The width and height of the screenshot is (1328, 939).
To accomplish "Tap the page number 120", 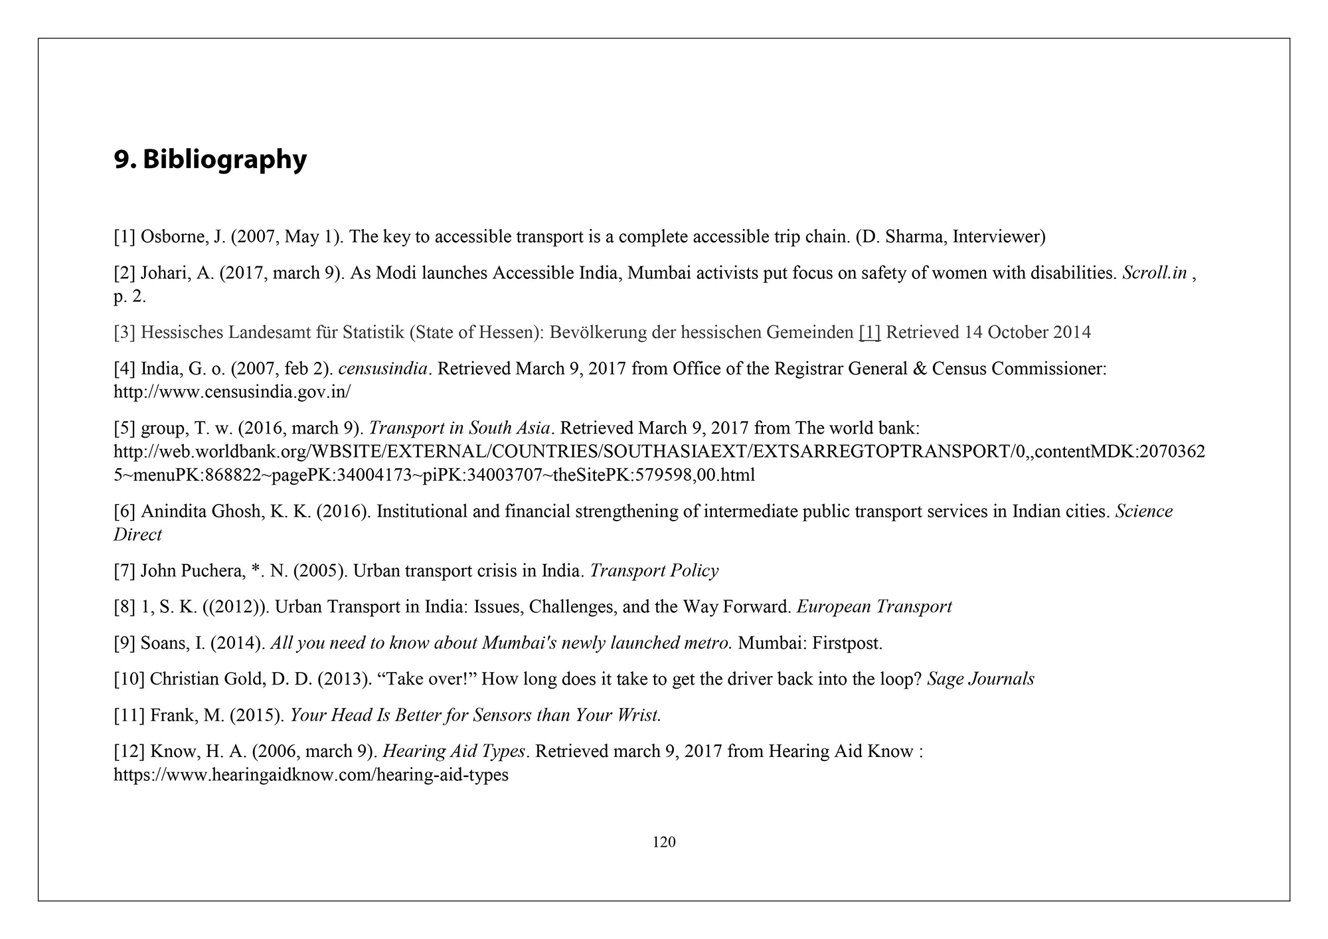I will click(664, 842).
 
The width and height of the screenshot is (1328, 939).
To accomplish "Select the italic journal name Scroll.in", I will click(1154, 273).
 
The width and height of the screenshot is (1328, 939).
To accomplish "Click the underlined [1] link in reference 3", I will click(869, 332).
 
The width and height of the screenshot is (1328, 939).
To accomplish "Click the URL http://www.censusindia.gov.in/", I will click(232, 392).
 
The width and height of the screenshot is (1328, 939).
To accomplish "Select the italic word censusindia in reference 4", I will click(382, 369).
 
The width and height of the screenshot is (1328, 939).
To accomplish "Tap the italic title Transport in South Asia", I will click(459, 428).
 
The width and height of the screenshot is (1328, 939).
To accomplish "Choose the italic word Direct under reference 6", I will click(137, 535).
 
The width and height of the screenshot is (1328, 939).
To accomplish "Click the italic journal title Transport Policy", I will click(654, 570).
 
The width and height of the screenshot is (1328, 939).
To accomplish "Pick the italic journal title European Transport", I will click(874, 606).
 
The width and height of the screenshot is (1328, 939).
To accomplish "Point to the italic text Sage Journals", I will click(980, 679).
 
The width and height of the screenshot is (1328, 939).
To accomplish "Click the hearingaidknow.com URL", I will click(311, 775).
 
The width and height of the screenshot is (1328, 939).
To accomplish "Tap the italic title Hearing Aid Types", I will click(454, 751).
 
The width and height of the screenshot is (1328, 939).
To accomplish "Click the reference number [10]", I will click(129, 679).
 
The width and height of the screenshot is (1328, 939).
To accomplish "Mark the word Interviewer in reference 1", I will click(998, 236).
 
